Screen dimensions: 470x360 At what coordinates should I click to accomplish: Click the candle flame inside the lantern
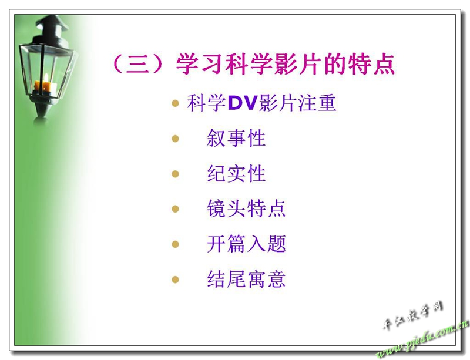(x=46, y=79)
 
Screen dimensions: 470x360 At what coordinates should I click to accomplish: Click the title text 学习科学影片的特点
(x=285, y=63)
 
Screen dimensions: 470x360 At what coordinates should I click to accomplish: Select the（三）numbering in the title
(x=139, y=63)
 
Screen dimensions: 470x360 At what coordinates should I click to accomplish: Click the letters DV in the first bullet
(x=243, y=103)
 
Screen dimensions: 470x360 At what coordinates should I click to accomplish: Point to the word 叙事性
(x=236, y=138)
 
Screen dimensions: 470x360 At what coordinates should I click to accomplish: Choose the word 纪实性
(x=236, y=174)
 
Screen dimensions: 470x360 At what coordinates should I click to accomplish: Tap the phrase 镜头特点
(x=246, y=208)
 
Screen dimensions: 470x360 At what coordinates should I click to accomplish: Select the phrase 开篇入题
(x=246, y=244)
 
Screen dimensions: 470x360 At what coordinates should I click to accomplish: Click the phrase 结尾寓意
(x=246, y=279)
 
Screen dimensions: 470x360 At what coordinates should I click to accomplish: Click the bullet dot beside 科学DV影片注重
(x=175, y=104)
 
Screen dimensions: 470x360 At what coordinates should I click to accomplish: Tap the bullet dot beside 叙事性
(x=175, y=139)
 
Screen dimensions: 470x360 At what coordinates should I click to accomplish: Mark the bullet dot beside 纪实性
(x=175, y=174)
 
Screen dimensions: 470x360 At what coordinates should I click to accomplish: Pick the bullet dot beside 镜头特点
(x=175, y=209)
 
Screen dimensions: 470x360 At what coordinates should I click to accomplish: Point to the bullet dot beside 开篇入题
(x=175, y=244)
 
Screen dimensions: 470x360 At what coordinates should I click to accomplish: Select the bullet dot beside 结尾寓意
(x=175, y=280)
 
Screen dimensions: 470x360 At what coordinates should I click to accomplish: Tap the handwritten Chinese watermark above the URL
(x=412, y=315)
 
